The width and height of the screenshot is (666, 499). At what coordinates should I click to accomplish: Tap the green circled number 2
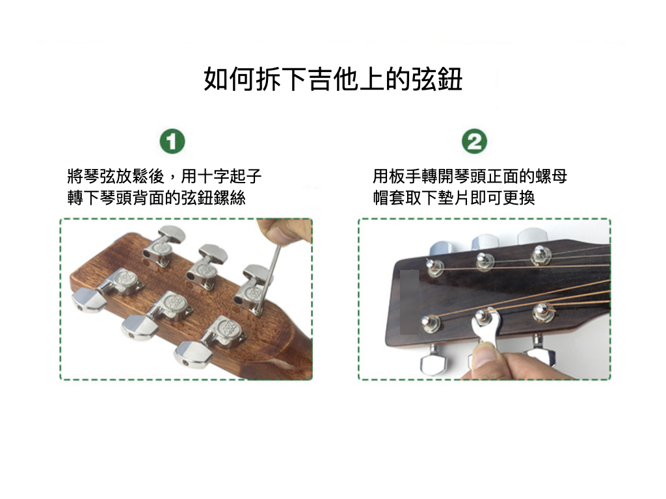coord(474,141)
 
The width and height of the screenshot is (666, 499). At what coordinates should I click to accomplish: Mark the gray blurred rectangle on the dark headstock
coord(410,302)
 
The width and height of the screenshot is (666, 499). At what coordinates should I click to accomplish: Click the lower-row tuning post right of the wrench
coord(541,313)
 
